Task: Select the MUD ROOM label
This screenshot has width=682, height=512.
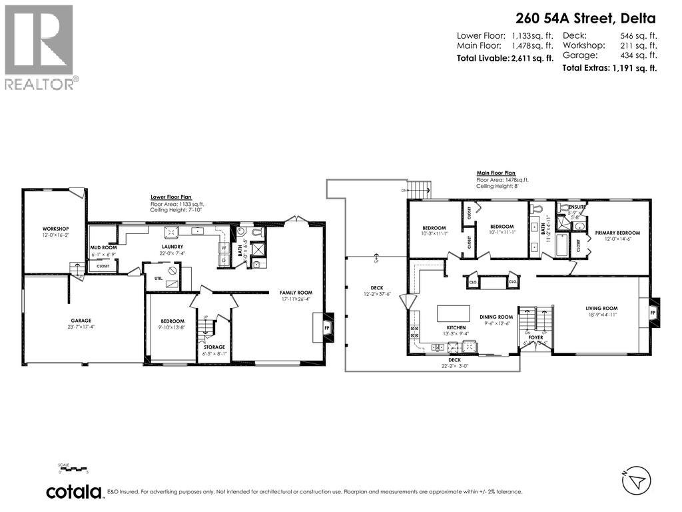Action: pos(103,247)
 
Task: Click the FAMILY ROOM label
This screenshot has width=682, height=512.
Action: pos(296,293)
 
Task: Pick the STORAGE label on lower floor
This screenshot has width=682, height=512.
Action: pos(214,347)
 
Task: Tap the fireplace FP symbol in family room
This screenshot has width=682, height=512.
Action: pos(326,329)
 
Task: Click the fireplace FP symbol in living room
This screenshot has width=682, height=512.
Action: pos(652,312)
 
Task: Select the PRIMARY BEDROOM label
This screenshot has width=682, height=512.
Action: pos(617,233)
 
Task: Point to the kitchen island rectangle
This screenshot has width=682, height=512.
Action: pos(452,314)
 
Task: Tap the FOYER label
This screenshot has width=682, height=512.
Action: pos(535,337)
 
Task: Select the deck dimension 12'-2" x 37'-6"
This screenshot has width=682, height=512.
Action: pos(377,294)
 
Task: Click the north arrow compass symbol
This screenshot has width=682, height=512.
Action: pos(635,480)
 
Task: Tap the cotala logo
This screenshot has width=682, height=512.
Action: pos(75,492)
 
